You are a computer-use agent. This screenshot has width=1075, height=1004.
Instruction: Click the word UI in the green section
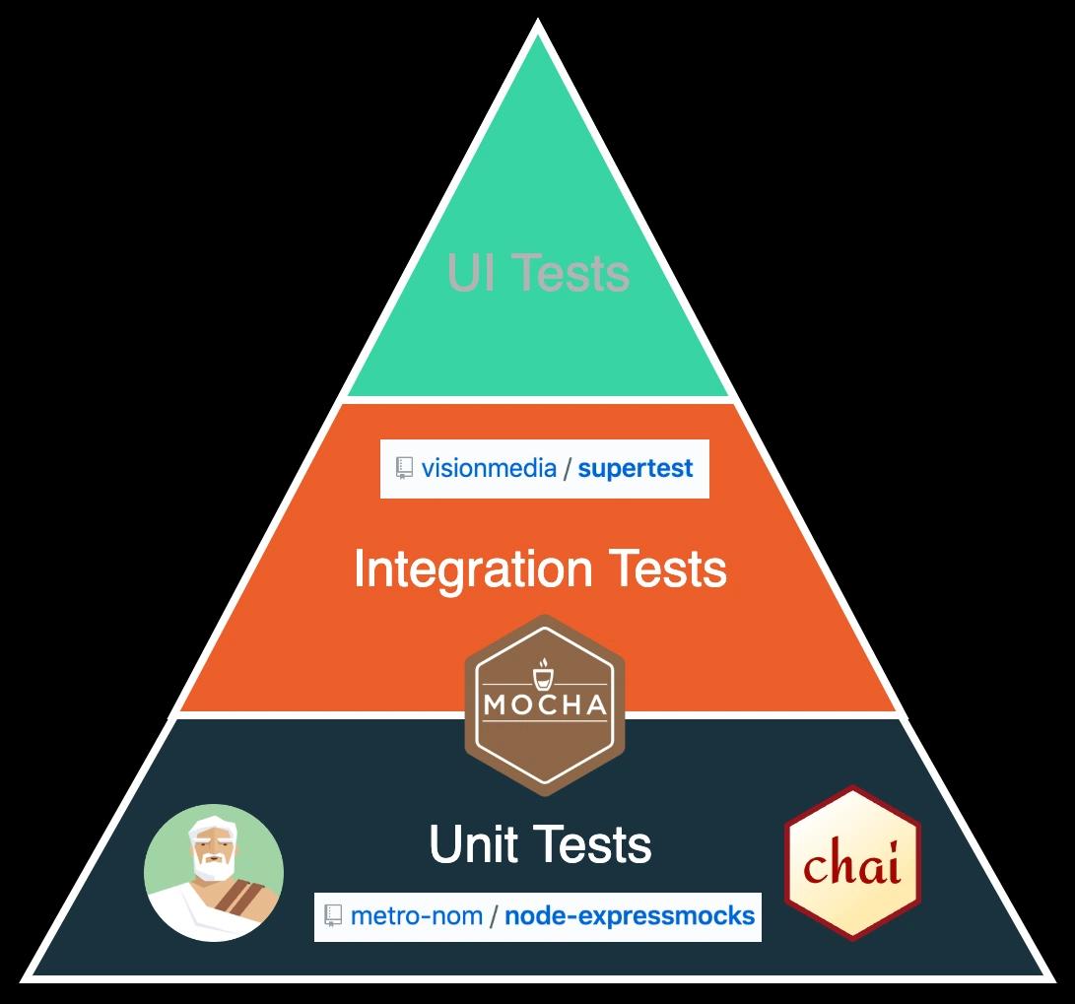coord(468,272)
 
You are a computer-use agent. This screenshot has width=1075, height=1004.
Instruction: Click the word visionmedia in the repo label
coord(489,468)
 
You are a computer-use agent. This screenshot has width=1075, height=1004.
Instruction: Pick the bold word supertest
coord(636,468)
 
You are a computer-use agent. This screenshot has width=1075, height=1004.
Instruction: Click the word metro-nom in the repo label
coord(417,915)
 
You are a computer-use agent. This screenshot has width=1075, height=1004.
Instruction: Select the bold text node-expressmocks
coord(630,915)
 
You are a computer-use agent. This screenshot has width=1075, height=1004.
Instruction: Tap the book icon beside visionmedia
coord(404,468)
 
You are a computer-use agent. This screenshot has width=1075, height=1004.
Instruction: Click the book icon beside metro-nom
coord(333,915)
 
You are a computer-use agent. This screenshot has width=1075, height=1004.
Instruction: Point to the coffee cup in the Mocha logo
coord(544,676)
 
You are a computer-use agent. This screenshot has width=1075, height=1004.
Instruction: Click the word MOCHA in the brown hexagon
coord(544,705)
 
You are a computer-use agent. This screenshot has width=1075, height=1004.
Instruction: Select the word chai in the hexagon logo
coord(852,865)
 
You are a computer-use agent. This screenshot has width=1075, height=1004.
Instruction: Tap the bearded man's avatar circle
coord(214,873)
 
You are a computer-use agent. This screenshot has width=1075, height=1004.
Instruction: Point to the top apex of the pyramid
coord(538,24)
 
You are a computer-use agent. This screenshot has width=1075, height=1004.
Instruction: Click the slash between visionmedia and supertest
coord(568,468)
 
